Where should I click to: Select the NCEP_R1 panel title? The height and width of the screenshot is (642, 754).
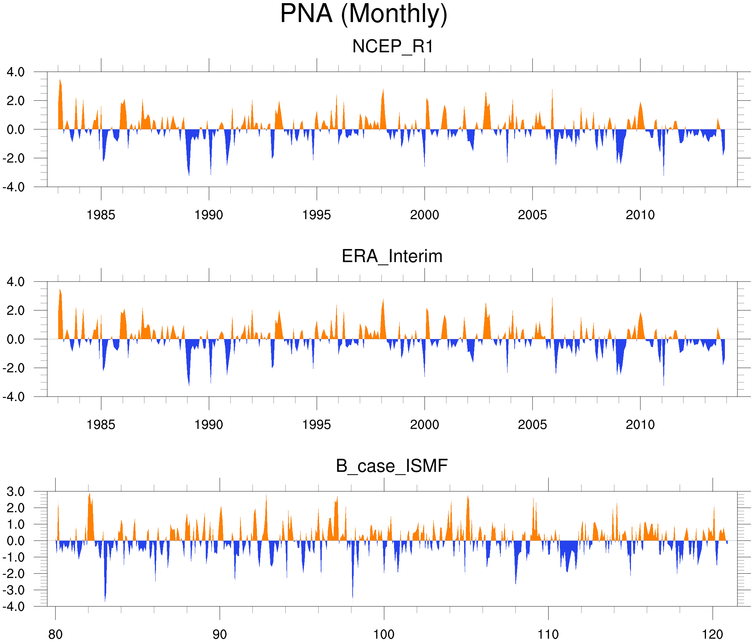click(x=393, y=47)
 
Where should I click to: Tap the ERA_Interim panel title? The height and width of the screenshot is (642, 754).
click(x=392, y=256)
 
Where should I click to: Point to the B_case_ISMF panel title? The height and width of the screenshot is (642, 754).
click(x=392, y=466)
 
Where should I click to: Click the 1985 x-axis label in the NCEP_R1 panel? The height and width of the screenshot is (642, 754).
click(x=101, y=215)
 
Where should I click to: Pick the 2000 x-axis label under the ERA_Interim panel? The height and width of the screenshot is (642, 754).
click(x=424, y=424)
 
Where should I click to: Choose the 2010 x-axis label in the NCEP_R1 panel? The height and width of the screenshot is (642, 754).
click(x=640, y=215)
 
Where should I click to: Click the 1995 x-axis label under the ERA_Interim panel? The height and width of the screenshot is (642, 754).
click(x=317, y=424)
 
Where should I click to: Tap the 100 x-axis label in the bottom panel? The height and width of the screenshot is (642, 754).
click(x=384, y=634)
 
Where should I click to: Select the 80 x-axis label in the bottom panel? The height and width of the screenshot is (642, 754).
click(x=55, y=634)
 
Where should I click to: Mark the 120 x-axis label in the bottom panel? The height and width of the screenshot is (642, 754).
click(x=713, y=634)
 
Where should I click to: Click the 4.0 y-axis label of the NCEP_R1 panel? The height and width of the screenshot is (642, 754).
click(x=16, y=72)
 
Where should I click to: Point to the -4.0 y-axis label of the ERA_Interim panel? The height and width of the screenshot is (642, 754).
click(x=14, y=397)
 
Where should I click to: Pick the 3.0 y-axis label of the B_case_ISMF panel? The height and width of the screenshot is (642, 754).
click(x=16, y=492)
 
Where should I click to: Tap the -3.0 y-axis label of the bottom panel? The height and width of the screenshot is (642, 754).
click(x=14, y=590)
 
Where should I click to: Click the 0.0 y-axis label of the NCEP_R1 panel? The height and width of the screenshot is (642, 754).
click(x=16, y=130)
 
